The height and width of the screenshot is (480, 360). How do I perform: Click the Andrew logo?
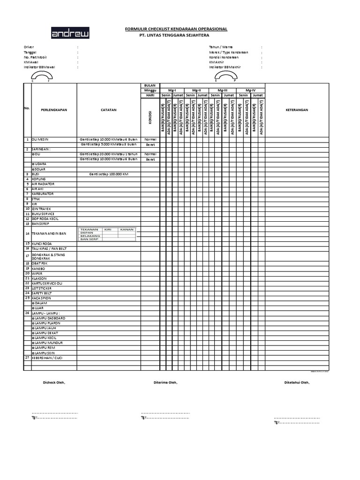70,34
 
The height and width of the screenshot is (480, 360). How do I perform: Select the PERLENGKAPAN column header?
54,110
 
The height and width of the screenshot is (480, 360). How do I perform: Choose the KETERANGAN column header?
297,110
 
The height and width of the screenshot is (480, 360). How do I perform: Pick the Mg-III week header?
223,90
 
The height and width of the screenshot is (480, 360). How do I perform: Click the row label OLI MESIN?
41,140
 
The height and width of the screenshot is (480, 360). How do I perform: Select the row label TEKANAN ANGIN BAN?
49,233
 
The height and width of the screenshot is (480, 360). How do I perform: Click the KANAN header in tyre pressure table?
127,229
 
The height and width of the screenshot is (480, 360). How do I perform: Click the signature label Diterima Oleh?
166,382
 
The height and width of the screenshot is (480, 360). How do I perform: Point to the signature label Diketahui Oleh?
297,382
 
